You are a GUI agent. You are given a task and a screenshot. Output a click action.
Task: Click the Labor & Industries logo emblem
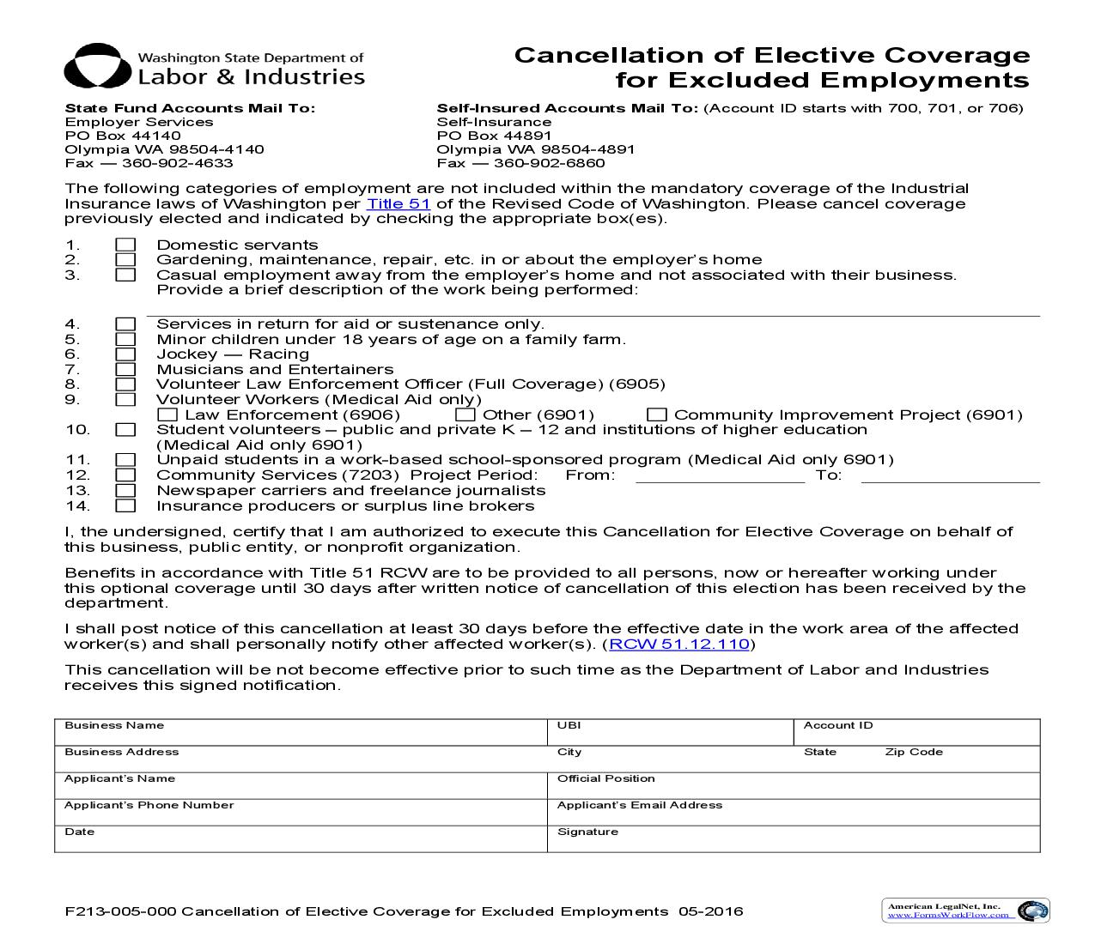[96, 67]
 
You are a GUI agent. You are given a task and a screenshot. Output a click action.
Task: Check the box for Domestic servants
[126, 245]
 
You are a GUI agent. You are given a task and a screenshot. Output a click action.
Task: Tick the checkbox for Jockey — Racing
[126, 354]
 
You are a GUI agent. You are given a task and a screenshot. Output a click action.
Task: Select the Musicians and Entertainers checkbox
[126, 370]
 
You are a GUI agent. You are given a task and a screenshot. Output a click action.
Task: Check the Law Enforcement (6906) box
[169, 415]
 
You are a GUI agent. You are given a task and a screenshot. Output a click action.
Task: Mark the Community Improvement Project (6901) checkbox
[657, 415]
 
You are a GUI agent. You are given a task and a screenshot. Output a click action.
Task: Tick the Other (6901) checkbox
[465, 415]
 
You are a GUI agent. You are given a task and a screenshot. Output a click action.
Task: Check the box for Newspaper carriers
[126, 491]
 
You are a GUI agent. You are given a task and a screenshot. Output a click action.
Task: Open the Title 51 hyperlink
[398, 204]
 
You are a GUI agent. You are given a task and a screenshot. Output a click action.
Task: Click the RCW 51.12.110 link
[679, 644]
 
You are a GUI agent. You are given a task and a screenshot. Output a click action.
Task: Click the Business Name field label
[114, 726]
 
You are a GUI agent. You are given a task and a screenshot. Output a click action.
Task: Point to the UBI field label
[569, 726]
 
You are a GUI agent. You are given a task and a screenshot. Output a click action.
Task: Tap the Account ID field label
[838, 726]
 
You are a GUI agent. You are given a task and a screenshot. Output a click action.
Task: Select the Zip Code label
[914, 753]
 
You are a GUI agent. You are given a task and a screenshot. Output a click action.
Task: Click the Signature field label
[587, 832]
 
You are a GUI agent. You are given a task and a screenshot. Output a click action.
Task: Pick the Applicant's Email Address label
[640, 806]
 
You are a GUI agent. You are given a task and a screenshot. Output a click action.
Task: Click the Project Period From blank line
[720, 478]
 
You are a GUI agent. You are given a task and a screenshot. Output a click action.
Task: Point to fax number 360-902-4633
[177, 163]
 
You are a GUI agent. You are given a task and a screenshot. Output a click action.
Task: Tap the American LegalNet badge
[965, 911]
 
